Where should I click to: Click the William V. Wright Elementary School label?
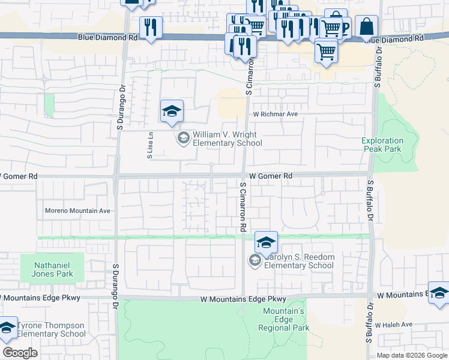pyautogui.click(x=227, y=139)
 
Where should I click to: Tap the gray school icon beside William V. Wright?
pyautogui.click(x=184, y=139)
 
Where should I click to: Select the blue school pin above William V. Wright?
pyautogui.click(x=172, y=112)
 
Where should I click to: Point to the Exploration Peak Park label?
pyautogui.click(x=382, y=145)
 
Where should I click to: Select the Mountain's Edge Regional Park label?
pyautogui.click(x=286, y=319)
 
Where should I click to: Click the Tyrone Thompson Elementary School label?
pyautogui.click(x=51, y=330)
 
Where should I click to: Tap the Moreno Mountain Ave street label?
pyautogui.click(x=78, y=211)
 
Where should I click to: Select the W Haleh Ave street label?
pyautogui.click(x=394, y=325)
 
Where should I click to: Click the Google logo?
pyautogui.click(x=20, y=353)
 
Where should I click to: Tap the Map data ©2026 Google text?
pyautogui.click(x=411, y=355)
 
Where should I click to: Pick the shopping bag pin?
pyautogui.click(x=366, y=27)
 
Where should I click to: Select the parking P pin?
pyautogui.click(x=345, y=28)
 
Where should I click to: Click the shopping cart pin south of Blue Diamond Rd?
pyautogui.click(x=326, y=52)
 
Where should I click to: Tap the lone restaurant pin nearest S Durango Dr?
pyautogui.click(x=150, y=28)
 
